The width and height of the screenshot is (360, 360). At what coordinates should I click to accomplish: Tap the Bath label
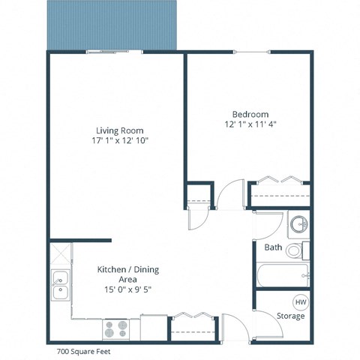click(x=272, y=247)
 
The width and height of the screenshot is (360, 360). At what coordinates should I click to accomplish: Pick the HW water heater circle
click(x=300, y=301)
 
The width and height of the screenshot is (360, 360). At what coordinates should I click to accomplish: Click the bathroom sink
click(x=298, y=224)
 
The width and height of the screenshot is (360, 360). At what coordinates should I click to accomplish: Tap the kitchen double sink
click(x=59, y=286)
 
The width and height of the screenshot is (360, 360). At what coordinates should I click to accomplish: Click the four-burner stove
click(x=116, y=328)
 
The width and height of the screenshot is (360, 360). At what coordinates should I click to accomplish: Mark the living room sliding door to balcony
click(x=115, y=52)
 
